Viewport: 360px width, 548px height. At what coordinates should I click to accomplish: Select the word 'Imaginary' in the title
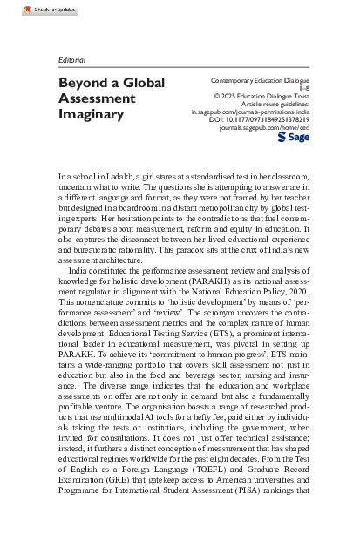(92, 114)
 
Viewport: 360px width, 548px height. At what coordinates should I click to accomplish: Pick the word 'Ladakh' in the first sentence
(120, 177)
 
